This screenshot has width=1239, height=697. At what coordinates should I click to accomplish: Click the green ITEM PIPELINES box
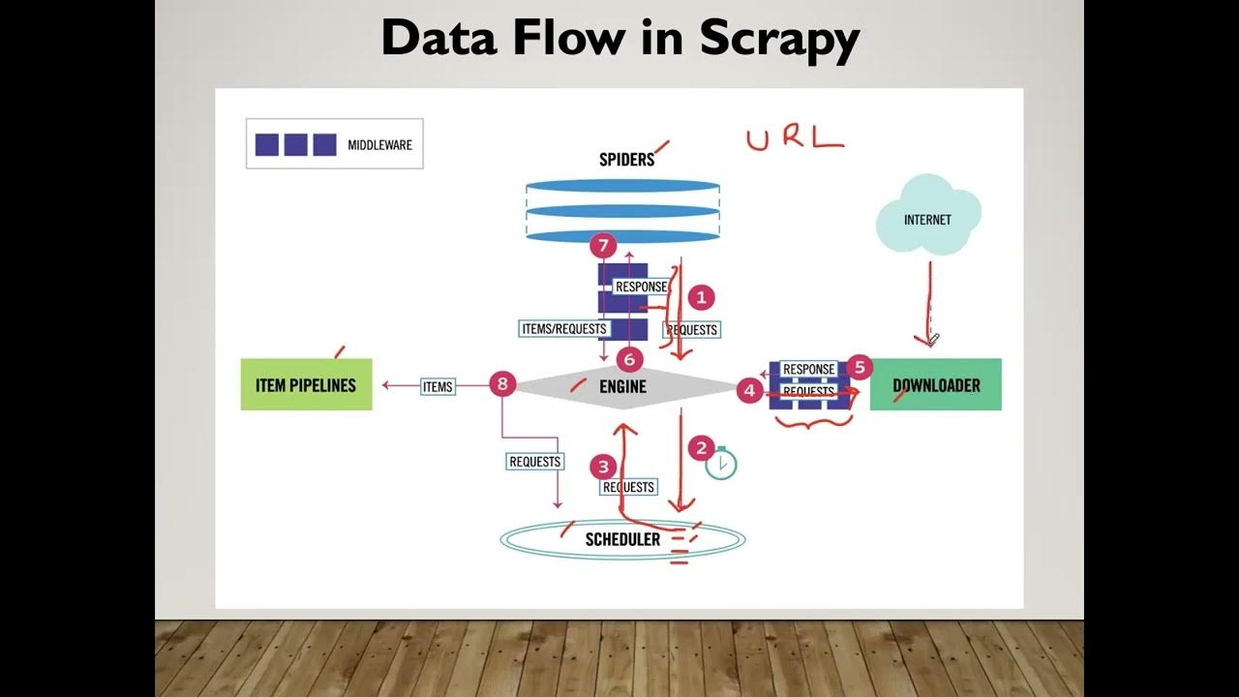(306, 384)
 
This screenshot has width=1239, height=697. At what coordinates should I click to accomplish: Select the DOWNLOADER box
(935, 384)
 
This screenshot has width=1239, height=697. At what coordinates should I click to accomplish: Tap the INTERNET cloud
(927, 218)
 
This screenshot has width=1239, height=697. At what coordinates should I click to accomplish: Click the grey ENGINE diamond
(622, 386)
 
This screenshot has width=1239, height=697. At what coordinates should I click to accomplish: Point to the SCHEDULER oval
(622, 539)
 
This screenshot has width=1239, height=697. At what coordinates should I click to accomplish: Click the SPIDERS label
(626, 160)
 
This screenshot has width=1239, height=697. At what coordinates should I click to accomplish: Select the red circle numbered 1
(701, 297)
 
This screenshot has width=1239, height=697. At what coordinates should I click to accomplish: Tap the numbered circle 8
(501, 384)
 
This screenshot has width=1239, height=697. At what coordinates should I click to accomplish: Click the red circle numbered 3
(604, 467)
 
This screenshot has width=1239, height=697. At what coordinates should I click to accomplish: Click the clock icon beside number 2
(721, 465)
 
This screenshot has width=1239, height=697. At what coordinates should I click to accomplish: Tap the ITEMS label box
(438, 386)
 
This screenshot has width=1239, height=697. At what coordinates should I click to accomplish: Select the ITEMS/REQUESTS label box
(564, 328)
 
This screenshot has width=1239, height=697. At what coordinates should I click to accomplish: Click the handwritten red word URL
(794, 138)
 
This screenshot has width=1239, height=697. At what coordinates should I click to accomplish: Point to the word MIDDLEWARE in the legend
(379, 145)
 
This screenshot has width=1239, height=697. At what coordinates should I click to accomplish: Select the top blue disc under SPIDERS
(622, 185)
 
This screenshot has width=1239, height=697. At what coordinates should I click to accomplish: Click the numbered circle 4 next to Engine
(749, 390)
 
